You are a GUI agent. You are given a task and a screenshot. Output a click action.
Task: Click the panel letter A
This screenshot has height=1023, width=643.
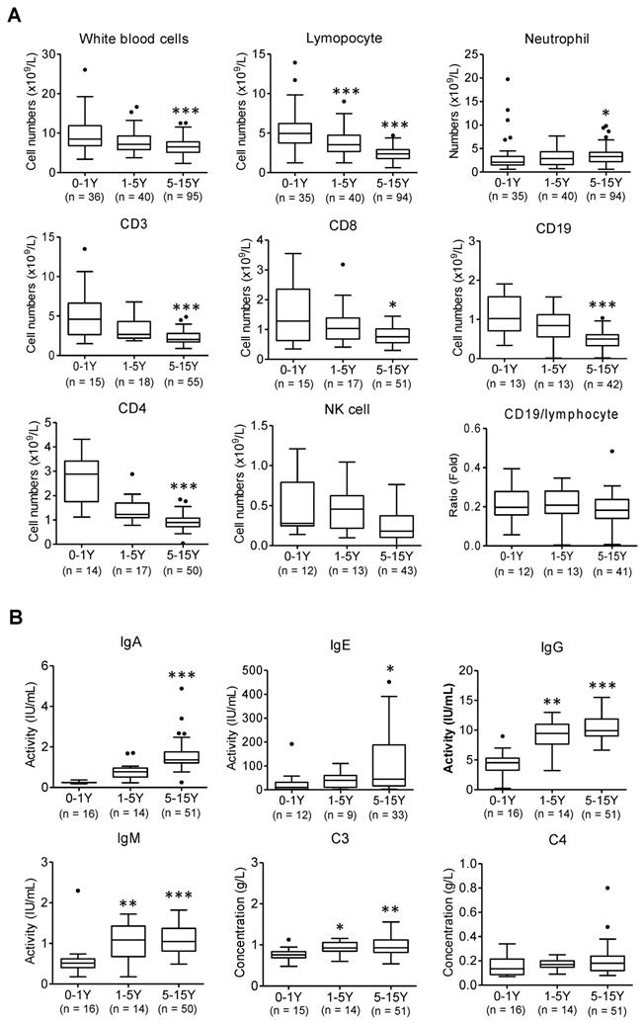[x=13, y=12]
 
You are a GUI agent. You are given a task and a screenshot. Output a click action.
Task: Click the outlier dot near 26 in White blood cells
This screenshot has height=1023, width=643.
[x=86, y=69]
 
